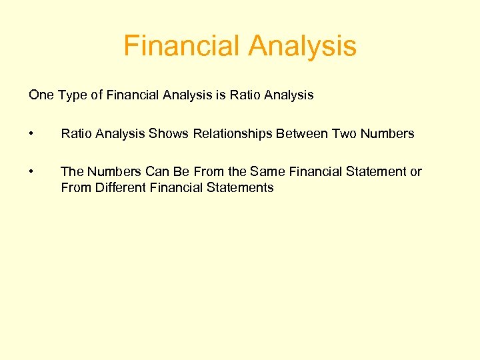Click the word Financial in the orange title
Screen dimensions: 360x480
pyautogui.click(x=182, y=46)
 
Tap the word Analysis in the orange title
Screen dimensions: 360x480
pyautogui.click(x=302, y=46)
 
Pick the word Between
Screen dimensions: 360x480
pyautogui.click(x=297, y=134)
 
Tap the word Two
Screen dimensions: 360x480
pyautogui.click(x=343, y=134)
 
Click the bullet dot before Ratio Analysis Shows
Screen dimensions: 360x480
pyautogui.click(x=31, y=134)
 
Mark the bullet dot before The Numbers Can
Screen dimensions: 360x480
pyautogui.click(x=31, y=172)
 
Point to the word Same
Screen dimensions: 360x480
pyautogui.click(x=269, y=172)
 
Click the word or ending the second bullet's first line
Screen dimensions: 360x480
pyautogui.click(x=416, y=172)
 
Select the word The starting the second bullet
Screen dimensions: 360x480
pyautogui.click(x=71, y=172)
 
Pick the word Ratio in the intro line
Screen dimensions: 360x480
pyautogui.click(x=245, y=95)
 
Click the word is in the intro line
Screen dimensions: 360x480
pyautogui.click(x=220, y=95)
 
